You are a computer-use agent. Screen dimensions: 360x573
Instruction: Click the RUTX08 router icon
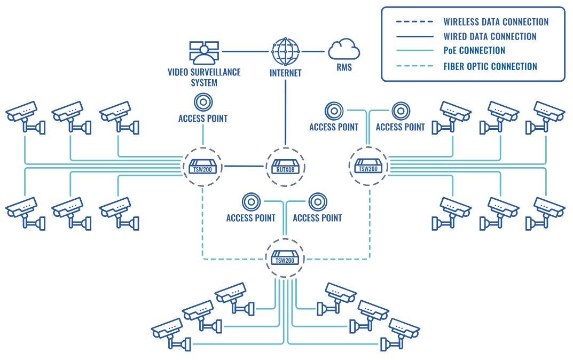(x=285, y=166)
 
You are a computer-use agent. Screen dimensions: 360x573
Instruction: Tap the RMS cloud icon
(x=344, y=51)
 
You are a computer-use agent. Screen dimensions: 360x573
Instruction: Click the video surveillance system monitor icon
(x=203, y=52)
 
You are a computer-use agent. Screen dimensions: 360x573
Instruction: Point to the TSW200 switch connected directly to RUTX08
(x=202, y=166)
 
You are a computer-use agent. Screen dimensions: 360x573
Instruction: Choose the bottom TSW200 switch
(x=285, y=257)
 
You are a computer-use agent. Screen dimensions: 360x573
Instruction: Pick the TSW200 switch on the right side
(x=368, y=166)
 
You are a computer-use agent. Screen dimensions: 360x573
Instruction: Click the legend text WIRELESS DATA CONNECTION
(x=496, y=22)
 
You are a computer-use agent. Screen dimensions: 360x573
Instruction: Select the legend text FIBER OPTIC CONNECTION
(x=490, y=66)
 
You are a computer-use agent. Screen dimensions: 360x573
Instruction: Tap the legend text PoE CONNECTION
(x=474, y=51)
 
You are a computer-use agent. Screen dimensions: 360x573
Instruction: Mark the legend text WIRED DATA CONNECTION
(x=490, y=36)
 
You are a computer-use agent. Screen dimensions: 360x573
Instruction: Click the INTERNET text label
(x=285, y=73)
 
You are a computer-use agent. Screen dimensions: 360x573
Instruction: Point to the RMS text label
(x=344, y=68)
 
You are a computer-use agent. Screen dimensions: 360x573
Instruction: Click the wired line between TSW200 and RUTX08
(x=244, y=166)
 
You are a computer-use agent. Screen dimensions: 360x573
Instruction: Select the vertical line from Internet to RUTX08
(x=285, y=112)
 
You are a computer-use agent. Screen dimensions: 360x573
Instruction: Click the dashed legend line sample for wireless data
(x=414, y=22)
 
